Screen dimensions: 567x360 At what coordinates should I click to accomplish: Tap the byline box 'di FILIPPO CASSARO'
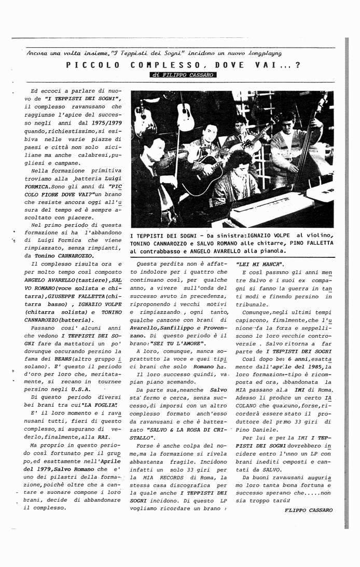(182, 75)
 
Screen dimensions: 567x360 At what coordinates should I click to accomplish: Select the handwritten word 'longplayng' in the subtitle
(264, 53)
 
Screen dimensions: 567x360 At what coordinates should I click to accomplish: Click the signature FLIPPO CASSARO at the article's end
(309, 510)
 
